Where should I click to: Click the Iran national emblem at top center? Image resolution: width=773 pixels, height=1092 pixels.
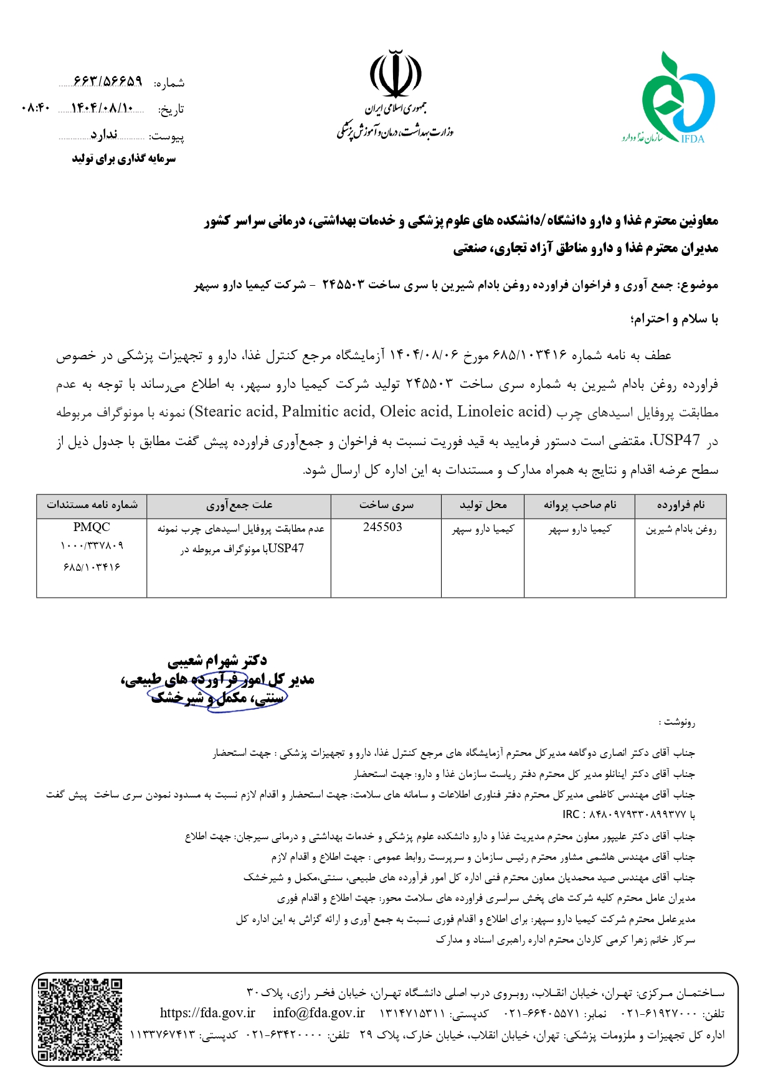[396, 75]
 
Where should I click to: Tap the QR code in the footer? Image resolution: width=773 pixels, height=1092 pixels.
[80, 1019]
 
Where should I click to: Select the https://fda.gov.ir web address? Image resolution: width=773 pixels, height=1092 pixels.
[207, 1013]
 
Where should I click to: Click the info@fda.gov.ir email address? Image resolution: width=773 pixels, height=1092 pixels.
[318, 1013]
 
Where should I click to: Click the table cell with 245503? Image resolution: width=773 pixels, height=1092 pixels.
[382, 527]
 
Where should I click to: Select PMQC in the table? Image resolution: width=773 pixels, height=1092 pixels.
[91, 527]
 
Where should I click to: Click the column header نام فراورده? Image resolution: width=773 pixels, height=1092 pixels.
[681, 505]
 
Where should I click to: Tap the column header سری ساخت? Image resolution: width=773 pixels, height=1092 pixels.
[386, 505]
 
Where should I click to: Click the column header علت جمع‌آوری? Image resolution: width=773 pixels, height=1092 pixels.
[239, 505]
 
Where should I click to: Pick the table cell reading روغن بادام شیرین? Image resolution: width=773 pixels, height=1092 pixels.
[681, 529]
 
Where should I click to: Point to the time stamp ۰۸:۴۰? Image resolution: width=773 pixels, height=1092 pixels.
[35, 108]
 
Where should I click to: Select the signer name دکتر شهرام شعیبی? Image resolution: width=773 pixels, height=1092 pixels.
[217, 661]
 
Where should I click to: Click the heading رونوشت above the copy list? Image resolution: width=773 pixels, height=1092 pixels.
[677, 722]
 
